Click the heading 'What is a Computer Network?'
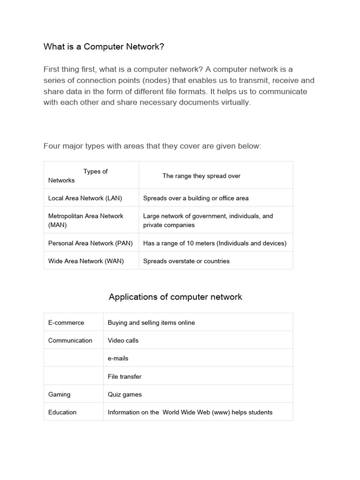(x=104, y=46)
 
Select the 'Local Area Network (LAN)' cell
(x=85, y=198)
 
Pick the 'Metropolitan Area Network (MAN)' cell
(x=86, y=220)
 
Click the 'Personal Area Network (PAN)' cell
(x=90, y=243)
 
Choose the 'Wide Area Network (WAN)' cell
(x=86, y=261)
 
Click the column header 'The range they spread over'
(x=201, y=176)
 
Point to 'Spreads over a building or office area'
(x=195, y=198)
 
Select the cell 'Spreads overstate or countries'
(x=186, y=261)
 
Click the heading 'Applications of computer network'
(x=175, y=297)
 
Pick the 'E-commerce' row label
(x=66, y=322)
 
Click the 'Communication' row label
(x=70, y=340)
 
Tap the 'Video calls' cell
(x=123, y=340)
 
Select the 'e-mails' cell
(x=118, y=359)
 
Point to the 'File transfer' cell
(x=124, y=376)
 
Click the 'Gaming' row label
(x=59, y=394)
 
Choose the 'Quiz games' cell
(x=125, y=394)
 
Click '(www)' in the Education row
(x=224, y=412)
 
